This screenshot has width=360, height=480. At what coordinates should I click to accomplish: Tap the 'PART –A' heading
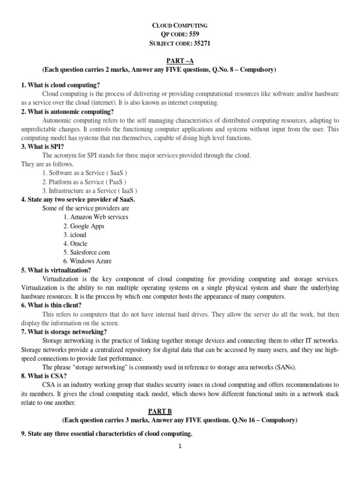180,61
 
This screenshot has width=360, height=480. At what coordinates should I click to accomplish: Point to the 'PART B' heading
180,411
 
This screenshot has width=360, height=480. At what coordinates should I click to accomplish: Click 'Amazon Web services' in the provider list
96,217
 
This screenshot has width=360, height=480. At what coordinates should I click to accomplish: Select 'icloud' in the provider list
75,235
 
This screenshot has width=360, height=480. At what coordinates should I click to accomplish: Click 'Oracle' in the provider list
75,244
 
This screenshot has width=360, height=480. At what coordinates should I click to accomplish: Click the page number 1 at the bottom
180,446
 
